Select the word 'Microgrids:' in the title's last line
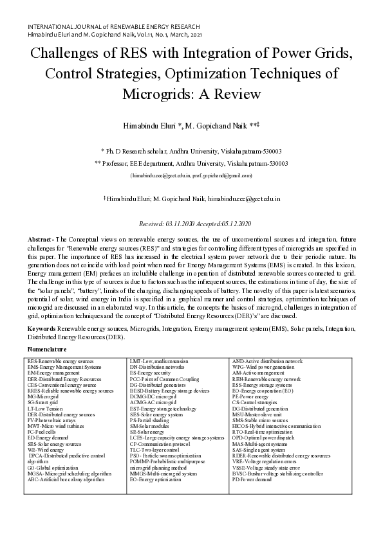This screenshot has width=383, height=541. tap(157, 94)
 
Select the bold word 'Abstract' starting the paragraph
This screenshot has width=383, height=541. tap(41, 239)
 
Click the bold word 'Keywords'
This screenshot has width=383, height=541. tap(42, 328)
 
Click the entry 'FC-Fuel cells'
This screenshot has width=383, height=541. tap(42, 432)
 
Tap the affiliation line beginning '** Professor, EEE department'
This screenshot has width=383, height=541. tap(191, 164)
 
